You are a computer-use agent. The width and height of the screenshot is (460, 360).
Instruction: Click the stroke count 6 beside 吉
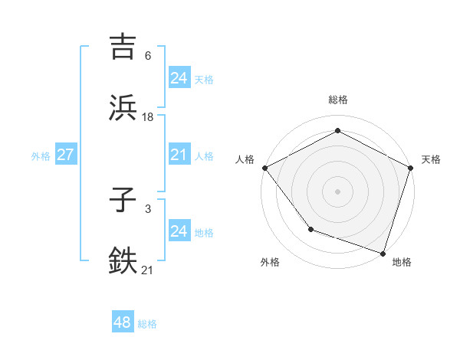click(147, 56)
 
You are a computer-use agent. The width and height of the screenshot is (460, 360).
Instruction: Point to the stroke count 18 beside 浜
click(148, 116)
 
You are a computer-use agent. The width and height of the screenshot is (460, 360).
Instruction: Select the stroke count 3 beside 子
click(147, 209)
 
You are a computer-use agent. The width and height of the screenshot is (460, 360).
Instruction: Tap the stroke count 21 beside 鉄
click(148, 270)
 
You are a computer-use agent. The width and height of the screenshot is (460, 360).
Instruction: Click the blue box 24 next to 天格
click(179, 77)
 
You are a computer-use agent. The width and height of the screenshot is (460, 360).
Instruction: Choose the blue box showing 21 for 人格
click(179, 155)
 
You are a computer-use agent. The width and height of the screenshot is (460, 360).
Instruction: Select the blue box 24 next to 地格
click(179, 232)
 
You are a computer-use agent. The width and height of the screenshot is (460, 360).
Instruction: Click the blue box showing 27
click(66, 155)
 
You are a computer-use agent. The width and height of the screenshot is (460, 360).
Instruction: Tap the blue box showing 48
click(123, 323)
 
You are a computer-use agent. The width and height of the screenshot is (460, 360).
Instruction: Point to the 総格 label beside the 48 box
click(147, 324)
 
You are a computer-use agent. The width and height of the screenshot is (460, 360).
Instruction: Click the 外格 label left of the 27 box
click(41, 156)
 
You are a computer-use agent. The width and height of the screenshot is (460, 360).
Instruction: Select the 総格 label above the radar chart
click(337, 100)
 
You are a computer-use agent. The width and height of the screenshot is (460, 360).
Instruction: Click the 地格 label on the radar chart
click(402, 263)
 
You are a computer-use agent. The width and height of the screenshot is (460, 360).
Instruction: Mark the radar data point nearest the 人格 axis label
click(264, 167)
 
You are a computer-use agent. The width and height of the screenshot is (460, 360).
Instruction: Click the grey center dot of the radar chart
click(337, 191)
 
